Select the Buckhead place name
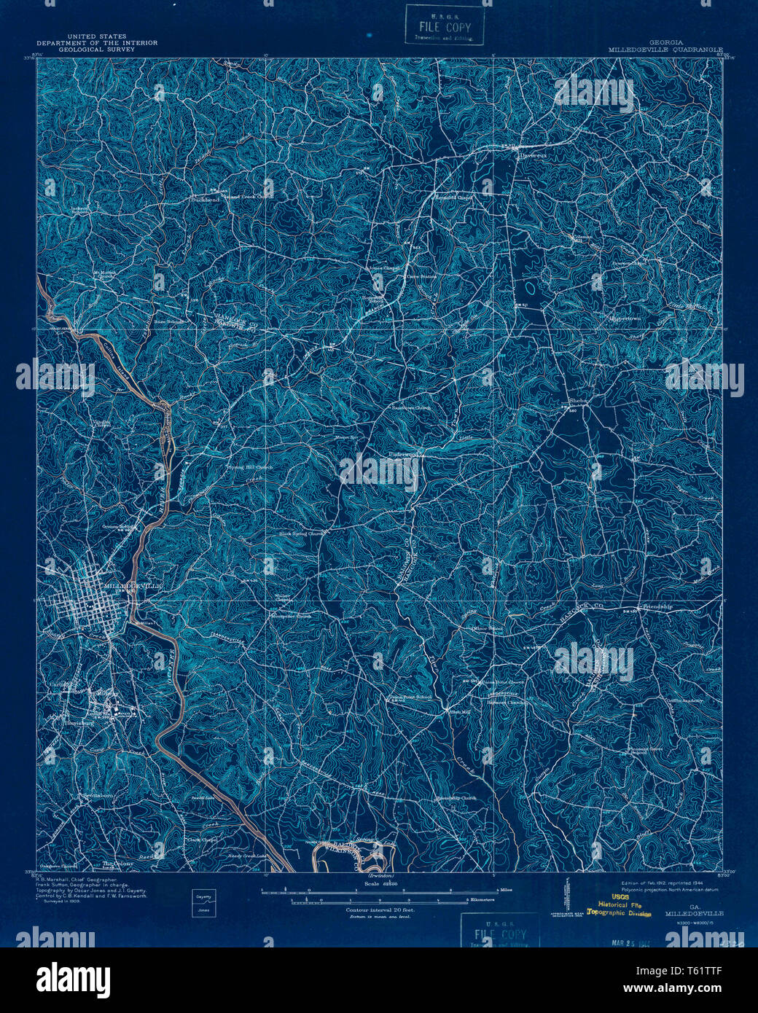204,199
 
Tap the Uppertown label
626,318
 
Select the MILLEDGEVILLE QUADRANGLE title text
665,50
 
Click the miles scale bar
379,890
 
